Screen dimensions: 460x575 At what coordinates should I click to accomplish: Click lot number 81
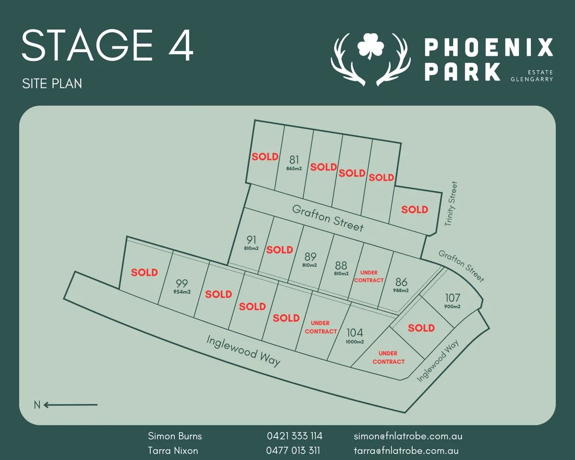click(294, 159)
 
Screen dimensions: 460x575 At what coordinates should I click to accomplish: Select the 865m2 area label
click(294, 168)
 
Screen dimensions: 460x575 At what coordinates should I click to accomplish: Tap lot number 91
click(251, 240)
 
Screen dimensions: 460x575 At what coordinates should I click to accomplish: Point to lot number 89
click(310, 257)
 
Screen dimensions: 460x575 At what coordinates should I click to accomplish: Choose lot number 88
click(341, 265)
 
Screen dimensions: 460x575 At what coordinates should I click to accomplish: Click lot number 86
click(401, 282)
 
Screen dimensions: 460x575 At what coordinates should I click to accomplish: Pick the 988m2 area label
click(401, 290)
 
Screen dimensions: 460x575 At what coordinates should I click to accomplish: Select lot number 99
click(181, 283)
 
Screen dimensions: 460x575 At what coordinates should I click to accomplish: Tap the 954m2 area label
click(181, 292)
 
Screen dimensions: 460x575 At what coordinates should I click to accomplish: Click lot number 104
click(355, 333)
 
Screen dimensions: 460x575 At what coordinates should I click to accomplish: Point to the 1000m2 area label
click(355, 342)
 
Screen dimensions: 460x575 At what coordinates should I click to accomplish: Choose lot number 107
click(452, 297)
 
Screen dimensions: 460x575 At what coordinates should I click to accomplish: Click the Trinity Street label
click(451, 203)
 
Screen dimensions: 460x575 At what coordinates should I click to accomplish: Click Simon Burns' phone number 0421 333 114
click(294, 436)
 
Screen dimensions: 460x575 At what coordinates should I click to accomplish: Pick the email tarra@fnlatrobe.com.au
click(406, 451)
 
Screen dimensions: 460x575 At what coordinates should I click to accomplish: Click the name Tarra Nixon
click(173, 451)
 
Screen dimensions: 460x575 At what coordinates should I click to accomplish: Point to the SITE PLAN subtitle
click(52, 83)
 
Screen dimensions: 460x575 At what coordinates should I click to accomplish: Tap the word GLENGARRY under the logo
click(532, 79)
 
